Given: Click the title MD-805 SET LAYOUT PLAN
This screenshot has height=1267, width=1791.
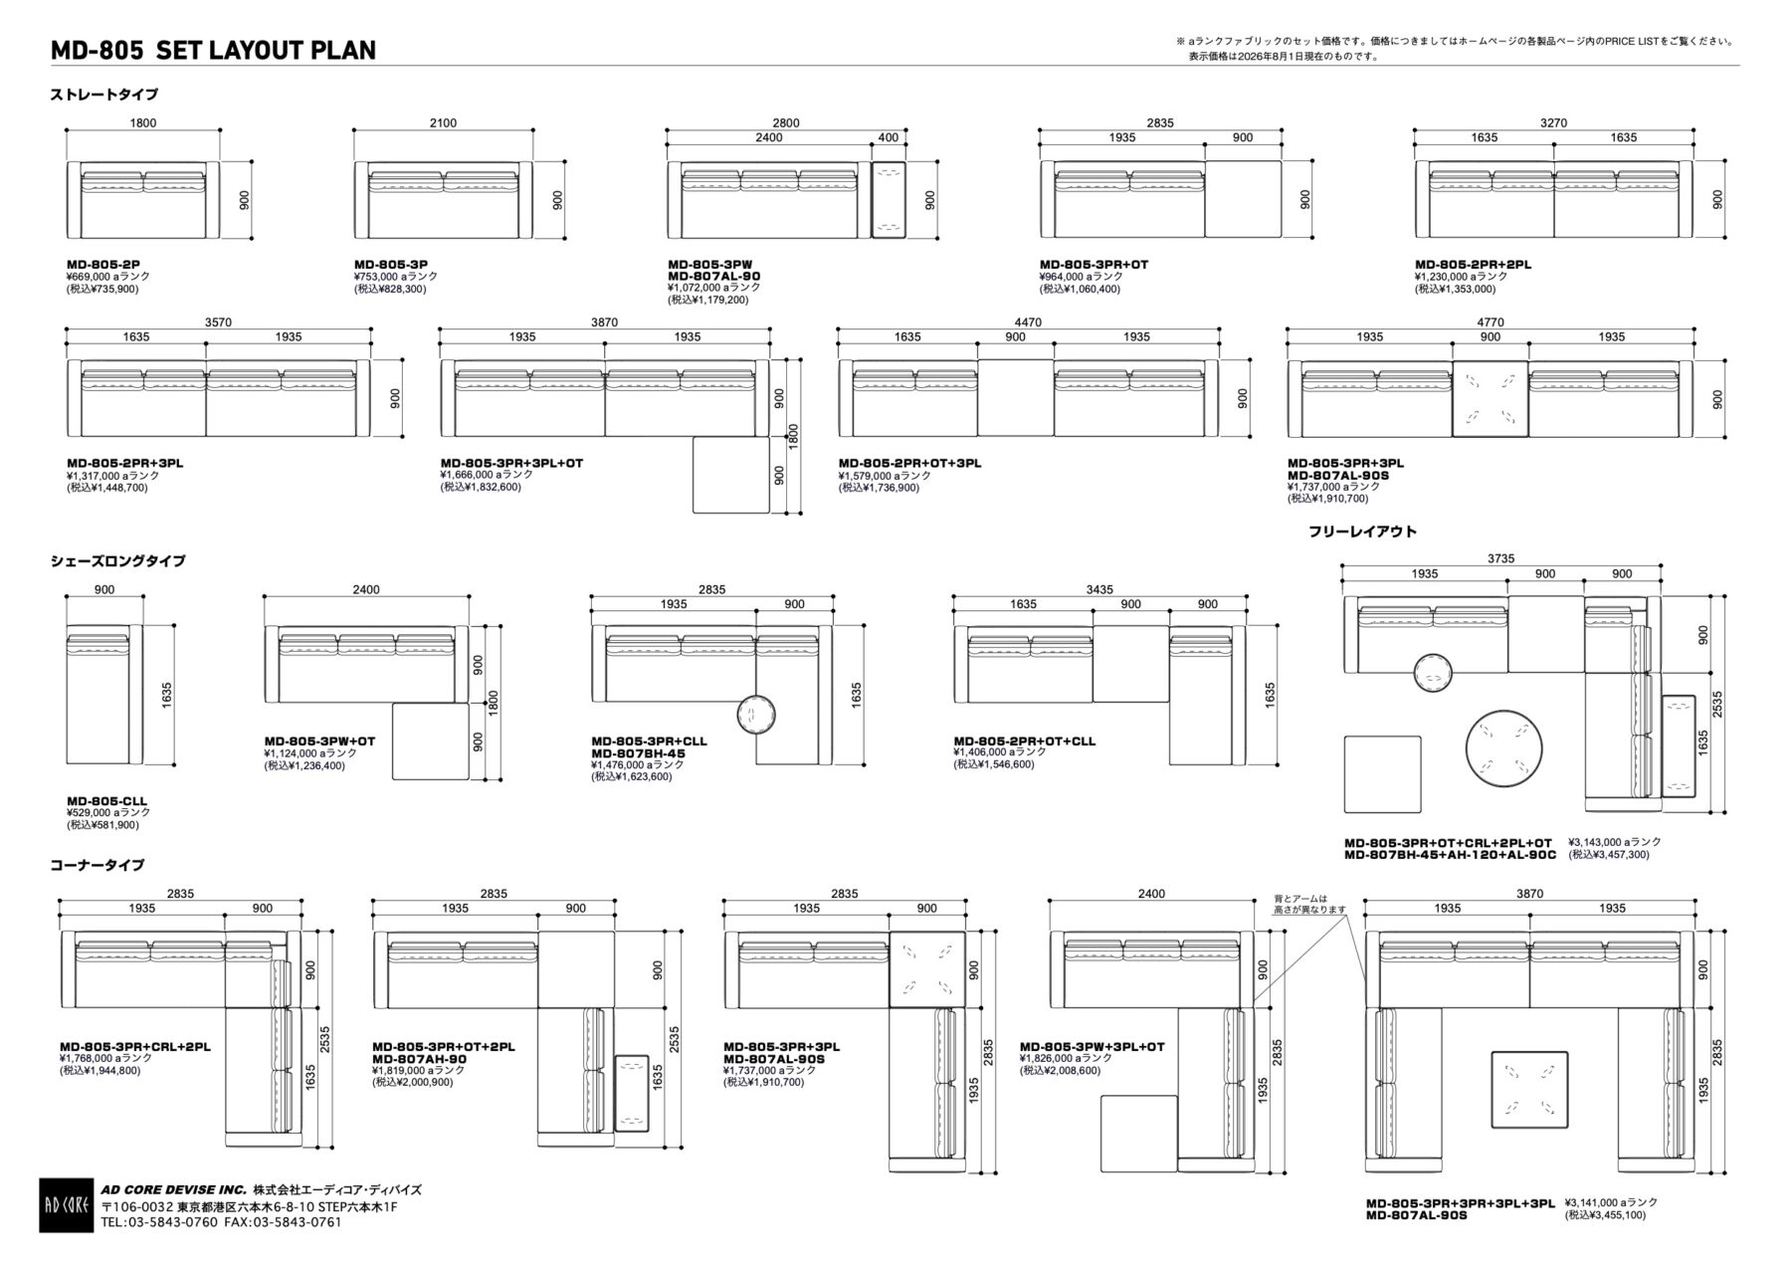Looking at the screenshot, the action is coord(213,50).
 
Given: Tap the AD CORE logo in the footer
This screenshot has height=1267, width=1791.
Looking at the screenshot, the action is coord(67,1205).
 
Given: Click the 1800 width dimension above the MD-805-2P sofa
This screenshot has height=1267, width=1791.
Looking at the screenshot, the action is coord(143,123).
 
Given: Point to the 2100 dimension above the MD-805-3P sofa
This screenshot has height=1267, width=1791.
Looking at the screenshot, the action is coord(443,123).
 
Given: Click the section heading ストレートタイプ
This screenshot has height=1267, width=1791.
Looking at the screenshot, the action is coord(104,96).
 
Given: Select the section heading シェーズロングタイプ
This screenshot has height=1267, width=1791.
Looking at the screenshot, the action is coord(118,561).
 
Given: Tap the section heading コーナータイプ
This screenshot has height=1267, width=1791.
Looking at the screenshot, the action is coord(98,865).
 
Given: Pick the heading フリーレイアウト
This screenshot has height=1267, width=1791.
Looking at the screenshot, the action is coord(1362,531).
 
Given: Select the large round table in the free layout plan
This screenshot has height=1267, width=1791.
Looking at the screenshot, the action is coord(1503,748).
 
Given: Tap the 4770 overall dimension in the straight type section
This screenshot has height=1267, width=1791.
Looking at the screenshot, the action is coord(1490,322).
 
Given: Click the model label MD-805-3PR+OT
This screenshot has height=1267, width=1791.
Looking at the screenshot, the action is coord(1094,265).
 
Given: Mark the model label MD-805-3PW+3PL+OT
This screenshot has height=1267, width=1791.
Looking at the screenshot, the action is coord(1092,1047).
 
